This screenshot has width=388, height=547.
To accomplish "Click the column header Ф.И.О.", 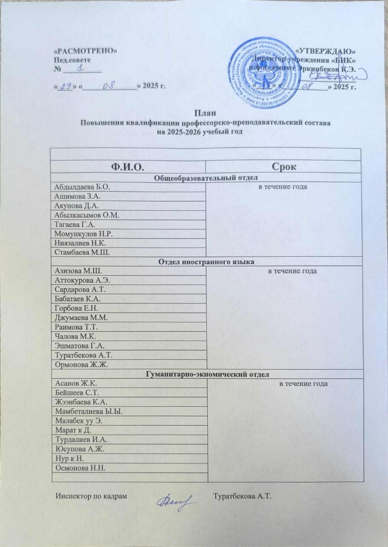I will click(128, 167).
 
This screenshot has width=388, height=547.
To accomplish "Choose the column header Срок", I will click(283, 167).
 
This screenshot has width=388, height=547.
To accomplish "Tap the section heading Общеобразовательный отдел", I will click(206, 178).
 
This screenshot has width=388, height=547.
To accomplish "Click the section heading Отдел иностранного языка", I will click(206, 262).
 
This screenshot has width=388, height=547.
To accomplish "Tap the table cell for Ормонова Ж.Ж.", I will click(77, 364).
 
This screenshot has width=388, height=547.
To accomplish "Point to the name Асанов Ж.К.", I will click(75, 384).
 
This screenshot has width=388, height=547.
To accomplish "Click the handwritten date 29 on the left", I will click(65, 87).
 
